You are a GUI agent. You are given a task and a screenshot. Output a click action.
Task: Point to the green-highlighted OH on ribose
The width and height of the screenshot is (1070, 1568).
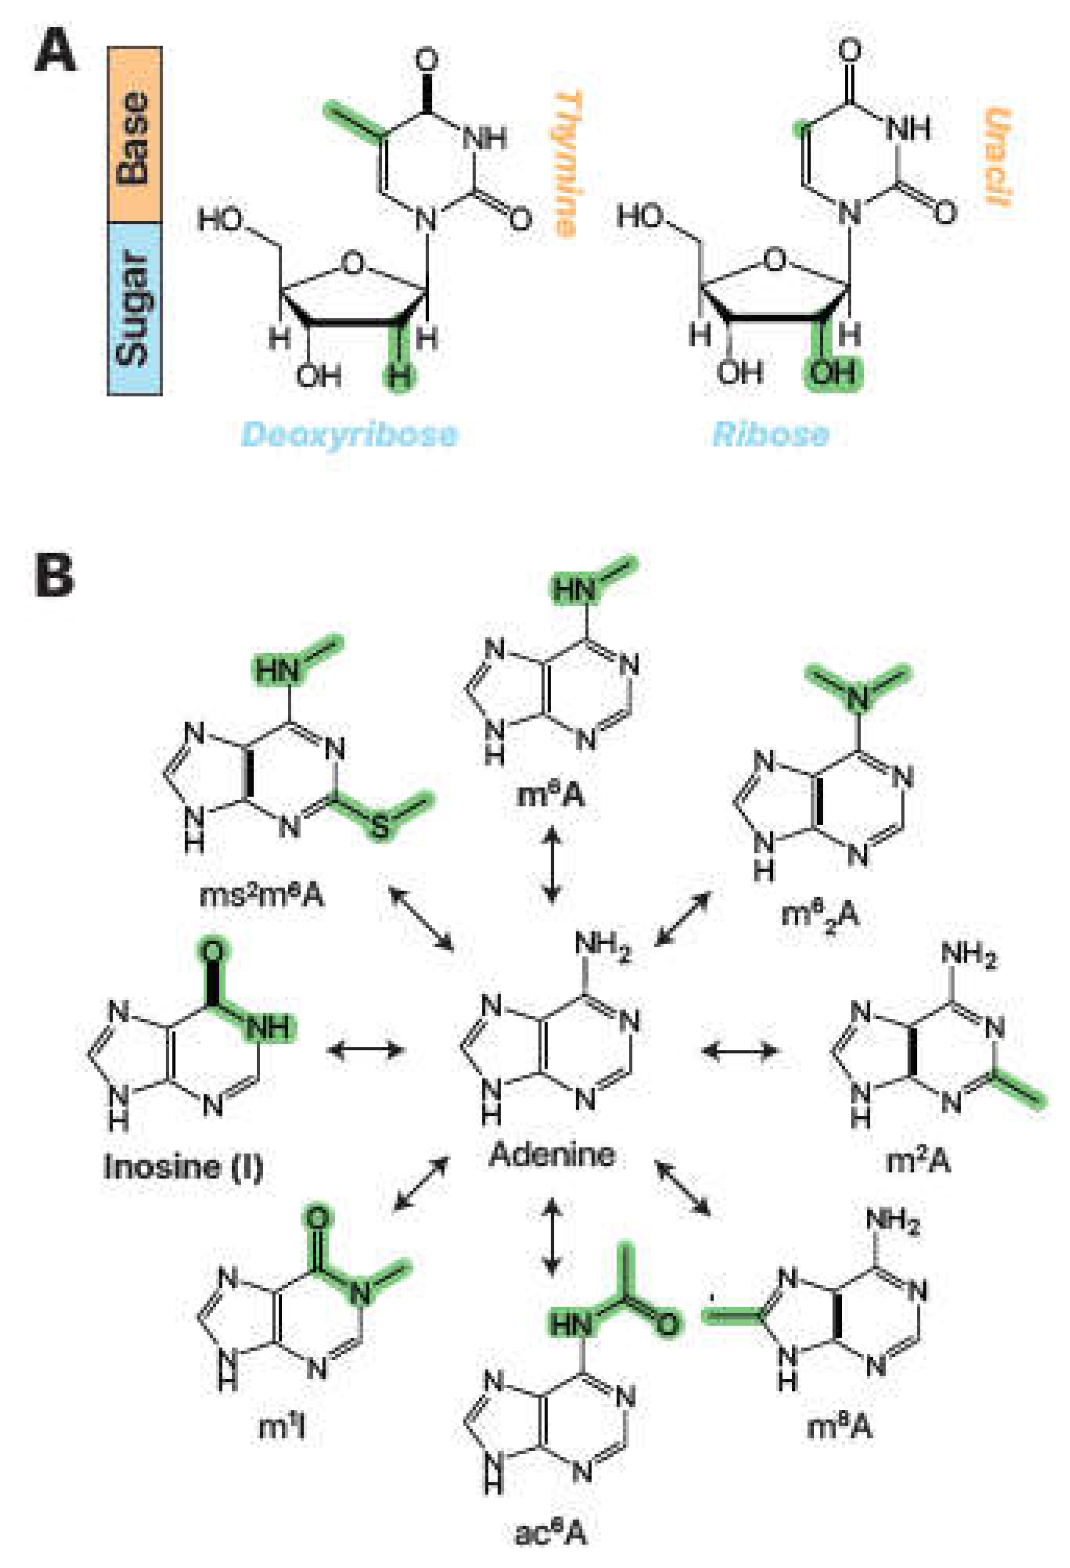pyautogui.click(x=832, y=372)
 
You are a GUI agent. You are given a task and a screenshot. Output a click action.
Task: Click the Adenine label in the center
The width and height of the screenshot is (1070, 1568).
pyautogui.click(x=552, y=1154)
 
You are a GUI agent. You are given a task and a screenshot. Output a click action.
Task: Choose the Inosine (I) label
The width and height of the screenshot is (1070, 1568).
pyautogui.click(x=183, y=1167)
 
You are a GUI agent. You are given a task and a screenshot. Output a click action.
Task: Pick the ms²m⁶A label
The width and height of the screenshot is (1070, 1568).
pyautogui.click(x=262, y=897)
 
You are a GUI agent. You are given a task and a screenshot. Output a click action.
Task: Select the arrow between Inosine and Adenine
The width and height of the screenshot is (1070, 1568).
pyautogui.click(x=366, y=1050)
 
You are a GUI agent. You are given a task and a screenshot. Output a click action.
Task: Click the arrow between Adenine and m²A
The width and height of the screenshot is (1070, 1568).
pyautogui.click(x=740, y=1050)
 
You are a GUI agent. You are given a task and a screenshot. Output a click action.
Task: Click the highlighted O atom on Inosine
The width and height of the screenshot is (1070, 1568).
pyautogui.click(x=213, y=952)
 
